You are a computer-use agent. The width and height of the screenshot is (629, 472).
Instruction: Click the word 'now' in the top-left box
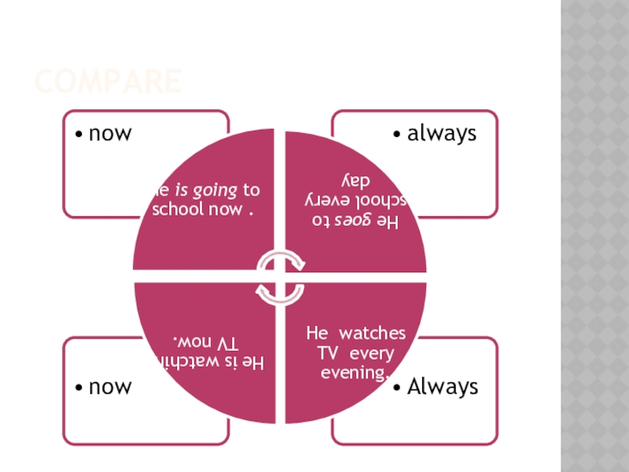(x=110, y=134)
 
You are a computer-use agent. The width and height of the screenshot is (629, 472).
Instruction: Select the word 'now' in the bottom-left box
(x=110, y=387)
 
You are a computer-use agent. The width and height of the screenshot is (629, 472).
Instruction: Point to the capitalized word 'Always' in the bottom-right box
(x=443, y=387)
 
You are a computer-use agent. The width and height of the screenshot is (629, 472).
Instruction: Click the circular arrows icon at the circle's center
(x=280, y=278)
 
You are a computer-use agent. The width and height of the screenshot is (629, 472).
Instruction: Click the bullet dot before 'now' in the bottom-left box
(x=79, y=388)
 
